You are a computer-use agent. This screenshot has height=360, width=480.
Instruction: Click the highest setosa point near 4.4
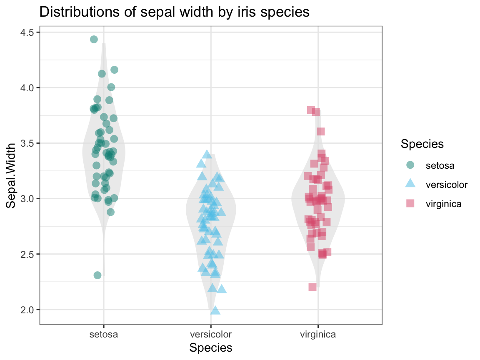[94, 39]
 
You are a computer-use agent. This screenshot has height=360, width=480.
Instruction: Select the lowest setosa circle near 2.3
[97, 275]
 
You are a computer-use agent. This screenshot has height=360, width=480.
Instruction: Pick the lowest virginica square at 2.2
[312, 287]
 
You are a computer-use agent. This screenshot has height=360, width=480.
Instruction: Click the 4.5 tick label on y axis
[27, 32]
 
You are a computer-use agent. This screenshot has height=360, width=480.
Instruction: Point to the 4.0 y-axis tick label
[27, 88]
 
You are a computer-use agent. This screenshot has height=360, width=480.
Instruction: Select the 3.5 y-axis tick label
[27, 143]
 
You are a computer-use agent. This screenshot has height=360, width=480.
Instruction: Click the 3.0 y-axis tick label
[27, 199]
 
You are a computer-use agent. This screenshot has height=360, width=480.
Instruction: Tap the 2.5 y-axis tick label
[27, 254]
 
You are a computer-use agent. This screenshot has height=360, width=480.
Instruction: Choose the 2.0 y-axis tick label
[27, 310]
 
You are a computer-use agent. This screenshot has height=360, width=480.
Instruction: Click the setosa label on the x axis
[103, 334]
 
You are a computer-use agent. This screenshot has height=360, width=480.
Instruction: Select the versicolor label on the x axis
[211, 334]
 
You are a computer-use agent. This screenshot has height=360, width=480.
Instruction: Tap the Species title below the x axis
[211, 348]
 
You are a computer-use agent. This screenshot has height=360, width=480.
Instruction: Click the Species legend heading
[422, 144]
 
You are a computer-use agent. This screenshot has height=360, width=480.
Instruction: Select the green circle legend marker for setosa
[410, 165]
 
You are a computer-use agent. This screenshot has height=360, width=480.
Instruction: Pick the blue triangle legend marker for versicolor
[410, 184]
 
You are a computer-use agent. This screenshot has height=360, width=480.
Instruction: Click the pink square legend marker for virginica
[410, 203]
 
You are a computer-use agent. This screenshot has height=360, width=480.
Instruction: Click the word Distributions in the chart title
[75, 12]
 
